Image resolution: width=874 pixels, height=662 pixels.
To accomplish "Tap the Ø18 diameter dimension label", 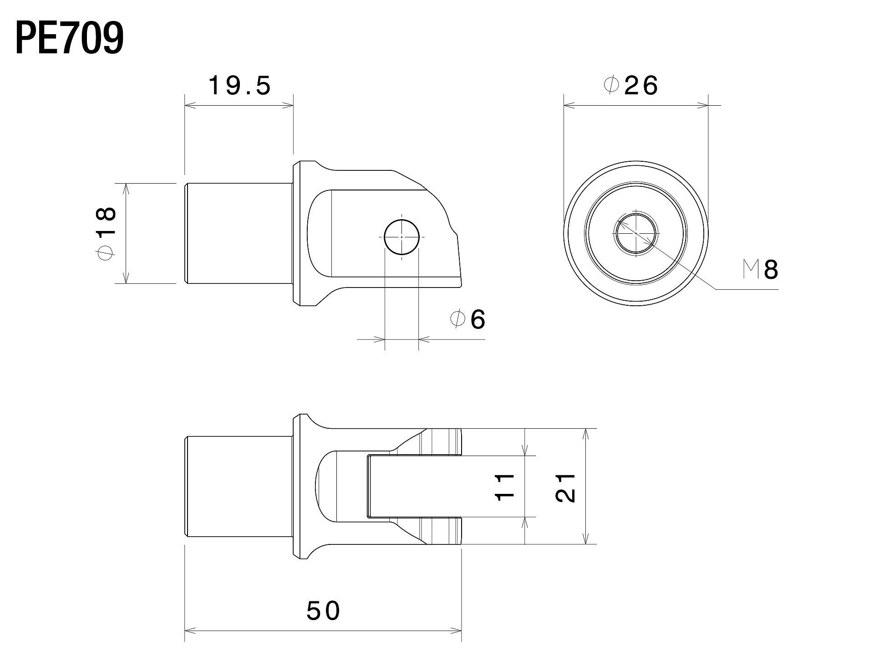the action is (107, 233).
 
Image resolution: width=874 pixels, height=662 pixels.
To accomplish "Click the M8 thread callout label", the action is (761, 270).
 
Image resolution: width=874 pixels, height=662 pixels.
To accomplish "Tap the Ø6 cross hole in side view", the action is (401, 237).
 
